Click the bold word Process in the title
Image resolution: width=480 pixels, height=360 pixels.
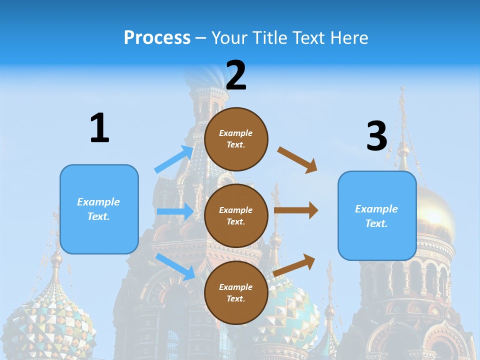tap(157, 38)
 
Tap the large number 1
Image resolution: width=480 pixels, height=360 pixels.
tap(99, 128)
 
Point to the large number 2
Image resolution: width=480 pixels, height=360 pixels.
tap(236, 75)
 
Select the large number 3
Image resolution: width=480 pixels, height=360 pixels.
tap(376, 136)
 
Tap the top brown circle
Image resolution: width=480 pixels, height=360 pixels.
tap(236, 139)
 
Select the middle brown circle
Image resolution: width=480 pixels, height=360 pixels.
tap(236, 215)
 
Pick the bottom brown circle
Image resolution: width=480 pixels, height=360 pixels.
tap(236, 292)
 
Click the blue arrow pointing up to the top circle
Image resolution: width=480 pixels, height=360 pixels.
tap(174, 159)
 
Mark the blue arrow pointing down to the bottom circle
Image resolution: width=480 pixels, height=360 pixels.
tap(175, 266)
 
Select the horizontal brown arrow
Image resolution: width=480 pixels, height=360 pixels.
tap(295, 210)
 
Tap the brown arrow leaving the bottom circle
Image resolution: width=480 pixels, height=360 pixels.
tap(294, 265)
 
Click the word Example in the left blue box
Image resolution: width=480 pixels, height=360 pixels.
tap(98, 202)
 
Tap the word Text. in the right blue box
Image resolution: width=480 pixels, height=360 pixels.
tap(376, 223)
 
